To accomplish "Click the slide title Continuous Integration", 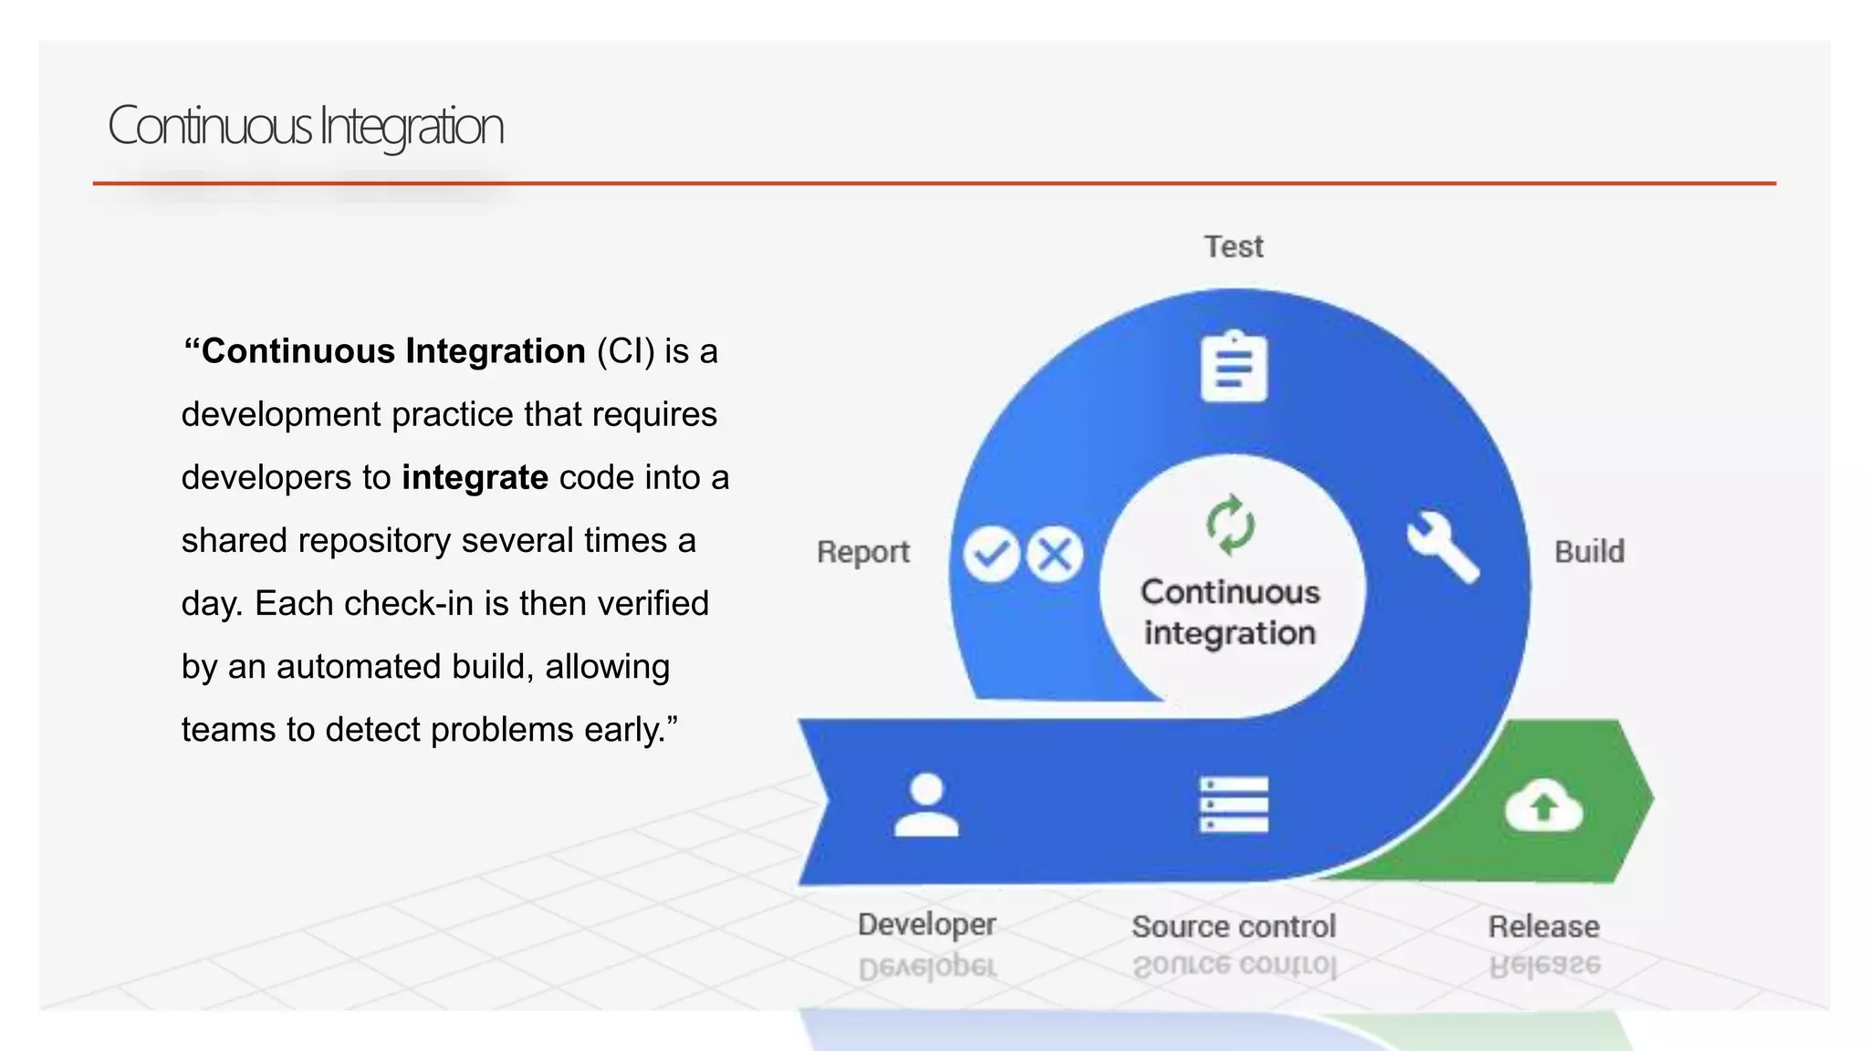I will click(306, 127).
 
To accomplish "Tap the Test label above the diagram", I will click(1233, 246).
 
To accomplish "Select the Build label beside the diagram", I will click(1589, 552).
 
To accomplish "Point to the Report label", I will click(862, 552).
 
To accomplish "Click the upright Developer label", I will click(926, 924).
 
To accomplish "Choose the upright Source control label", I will click(1233, 926).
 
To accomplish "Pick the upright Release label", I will click(1543, 926).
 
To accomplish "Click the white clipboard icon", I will click(1233, 367).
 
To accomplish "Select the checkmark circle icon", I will click(991, 554).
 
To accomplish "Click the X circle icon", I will click(1055, 554).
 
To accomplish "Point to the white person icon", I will click(926, 805).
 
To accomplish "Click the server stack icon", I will click(1233, 805).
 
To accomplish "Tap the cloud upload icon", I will click(1543, 805).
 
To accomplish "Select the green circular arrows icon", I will click(1230, 525).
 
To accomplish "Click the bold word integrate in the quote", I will click(475, 477).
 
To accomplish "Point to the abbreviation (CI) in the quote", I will click(625, 351).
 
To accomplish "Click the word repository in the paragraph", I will click(374, 541).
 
